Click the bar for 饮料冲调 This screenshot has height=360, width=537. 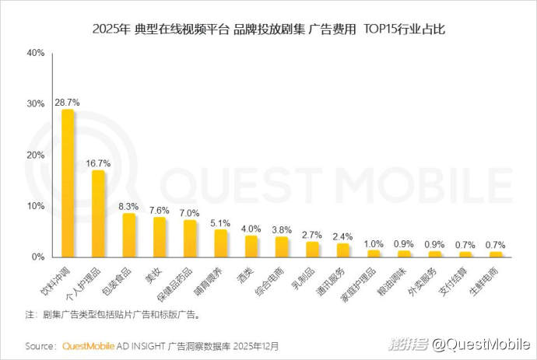(x=68, y=183)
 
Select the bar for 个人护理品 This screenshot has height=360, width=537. (x=98, y=214)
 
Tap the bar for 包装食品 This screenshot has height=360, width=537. (x=128, y=236)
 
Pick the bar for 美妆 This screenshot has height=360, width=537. (x=159, y=237)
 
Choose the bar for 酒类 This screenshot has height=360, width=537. (x=251, y=246)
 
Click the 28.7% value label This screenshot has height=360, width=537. (x=68, y=103)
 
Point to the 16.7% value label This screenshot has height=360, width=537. (x=98, y=163)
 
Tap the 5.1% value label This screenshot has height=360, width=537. (x=220, y=223)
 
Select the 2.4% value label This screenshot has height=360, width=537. (x=342, y=236)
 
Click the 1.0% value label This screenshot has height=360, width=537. (x=374, y=243)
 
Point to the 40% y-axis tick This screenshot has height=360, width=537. (x=36, y=53)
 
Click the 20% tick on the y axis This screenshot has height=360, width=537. (x=36, y=155)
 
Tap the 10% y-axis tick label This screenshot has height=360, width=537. (x=36, y=206)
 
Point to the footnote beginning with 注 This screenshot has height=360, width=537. (x=113, y=315)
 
